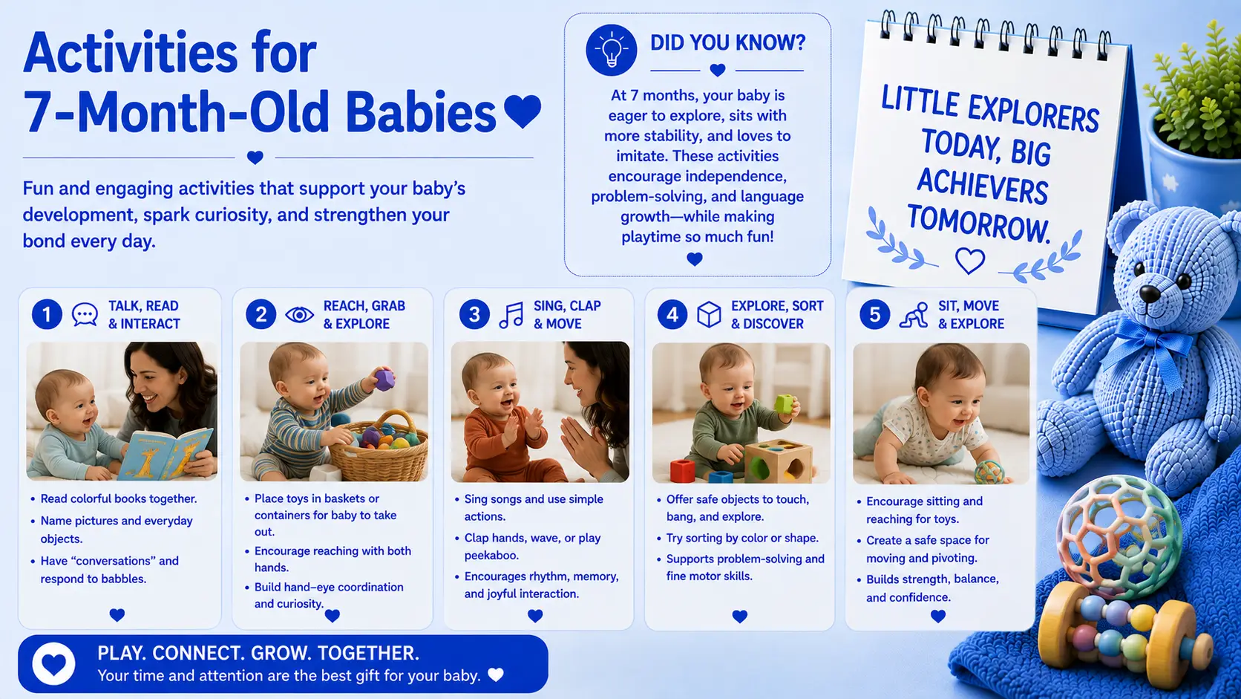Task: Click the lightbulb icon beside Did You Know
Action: (x=611, y=50)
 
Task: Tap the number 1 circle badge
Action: (x=47, y=314)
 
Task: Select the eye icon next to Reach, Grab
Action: (x=299, y=315)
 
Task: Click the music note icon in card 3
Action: (x=511, y=315)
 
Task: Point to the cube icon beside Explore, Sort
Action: (x=709, y=315)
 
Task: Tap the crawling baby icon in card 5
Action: (x=914, y=315)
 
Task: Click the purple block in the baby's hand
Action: (x=384, y=380)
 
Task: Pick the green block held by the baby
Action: (x=784, y=404)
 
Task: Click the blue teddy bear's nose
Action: (x=1150, y=293)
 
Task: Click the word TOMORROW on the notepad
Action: (x=978, y=224)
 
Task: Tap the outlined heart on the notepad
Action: (x=969, y=261)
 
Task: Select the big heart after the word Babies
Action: (x=523, y=111)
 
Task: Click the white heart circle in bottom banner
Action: (x=53, y=663)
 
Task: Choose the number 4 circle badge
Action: (x=672, y=315)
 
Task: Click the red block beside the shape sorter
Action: (x=683, y=470)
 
